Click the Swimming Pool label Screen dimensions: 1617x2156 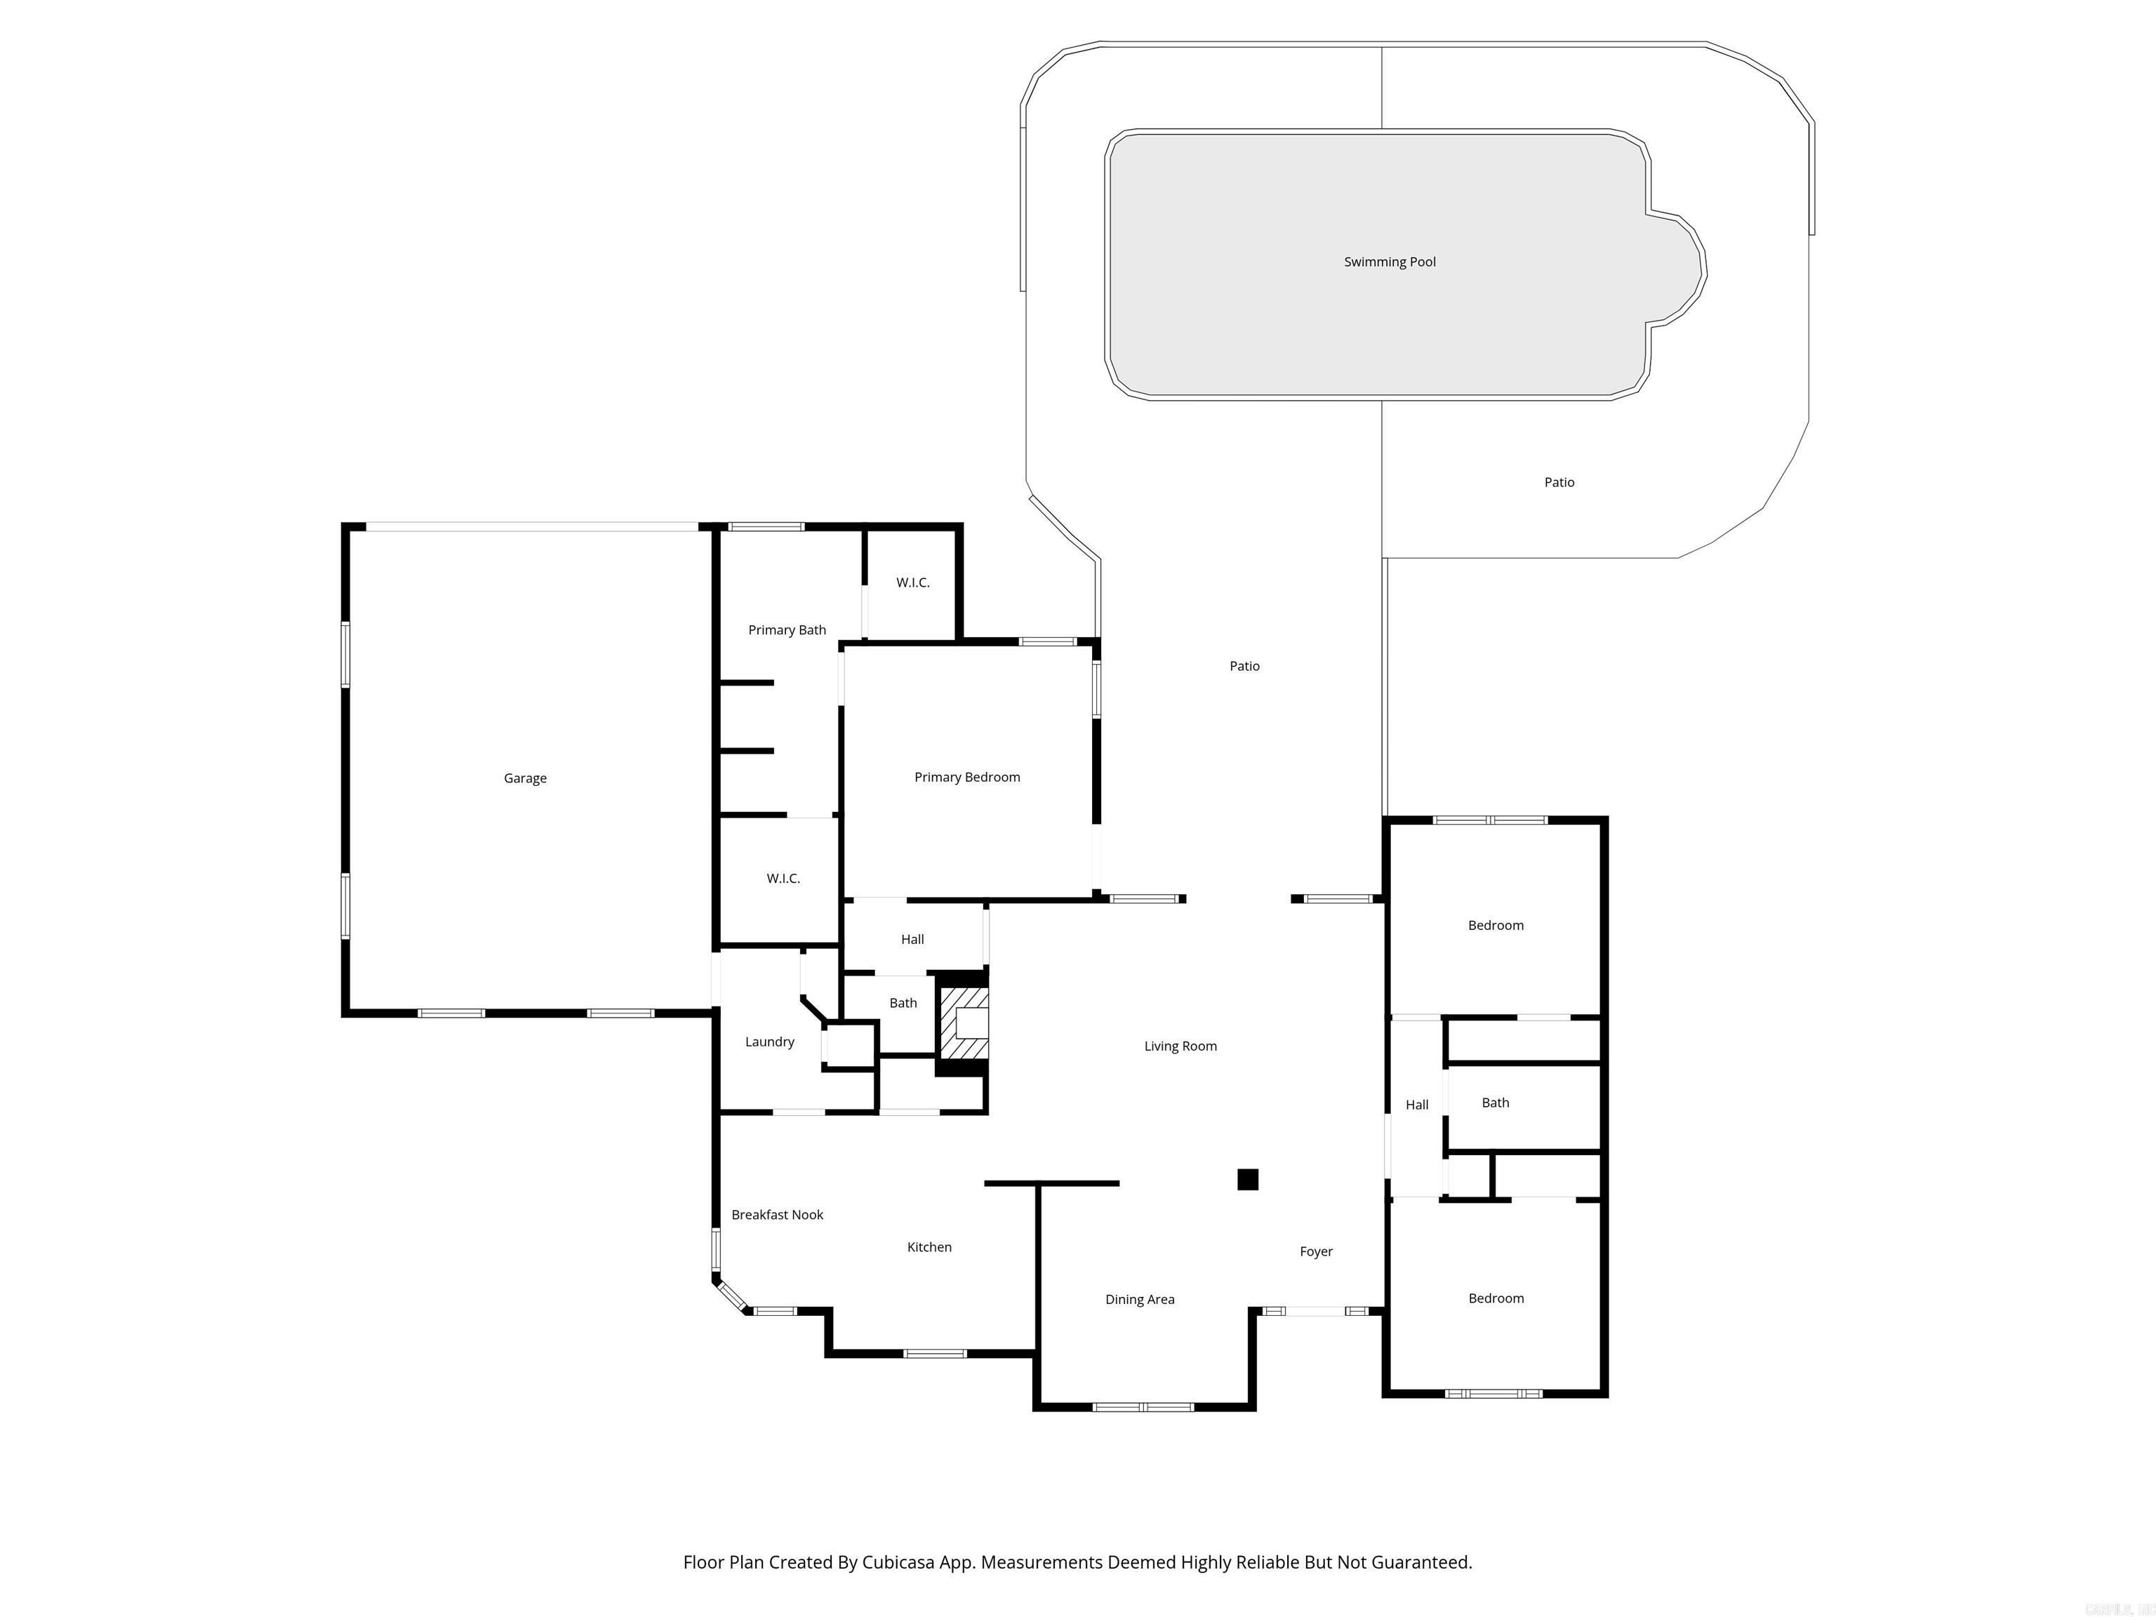click(1389, 261)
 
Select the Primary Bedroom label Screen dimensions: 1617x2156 click(967, 777)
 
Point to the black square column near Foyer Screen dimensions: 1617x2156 click(1248, 1179)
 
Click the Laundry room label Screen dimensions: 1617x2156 click(769, 1042)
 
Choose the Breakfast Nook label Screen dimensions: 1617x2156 click(777, 1214)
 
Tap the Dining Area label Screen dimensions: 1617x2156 click(1139, 1299)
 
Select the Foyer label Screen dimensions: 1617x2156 click(1316, 1251)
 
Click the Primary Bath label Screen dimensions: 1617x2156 click(787, 630)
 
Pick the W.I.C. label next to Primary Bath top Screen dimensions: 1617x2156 click(912, 583)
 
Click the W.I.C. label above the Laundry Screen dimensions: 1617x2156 click(783, 878)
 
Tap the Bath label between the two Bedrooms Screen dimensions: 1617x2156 click(1495, 1103)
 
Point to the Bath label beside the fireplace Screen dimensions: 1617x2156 click(903, 1003)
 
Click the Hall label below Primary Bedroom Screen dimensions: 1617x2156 click(912, 940)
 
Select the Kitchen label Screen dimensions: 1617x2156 click(929, 1246)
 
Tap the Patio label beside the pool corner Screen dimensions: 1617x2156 click(1559, 482)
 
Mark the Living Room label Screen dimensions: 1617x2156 click(1180, 1046)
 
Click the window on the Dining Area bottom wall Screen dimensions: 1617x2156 click(1143, 1407)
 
